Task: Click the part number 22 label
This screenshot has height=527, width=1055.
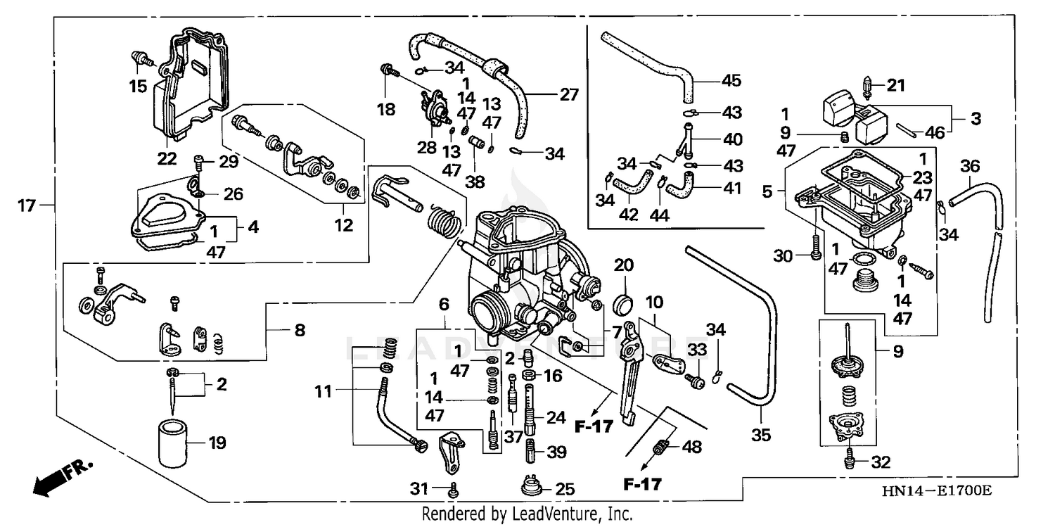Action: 167,158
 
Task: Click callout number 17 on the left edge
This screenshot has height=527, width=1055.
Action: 27,206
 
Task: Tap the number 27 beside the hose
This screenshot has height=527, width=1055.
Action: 567,94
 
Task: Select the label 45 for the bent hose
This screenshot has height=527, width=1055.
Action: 731,80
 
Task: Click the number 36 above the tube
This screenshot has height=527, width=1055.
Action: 970,166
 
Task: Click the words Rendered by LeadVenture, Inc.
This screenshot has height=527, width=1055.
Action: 527,514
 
